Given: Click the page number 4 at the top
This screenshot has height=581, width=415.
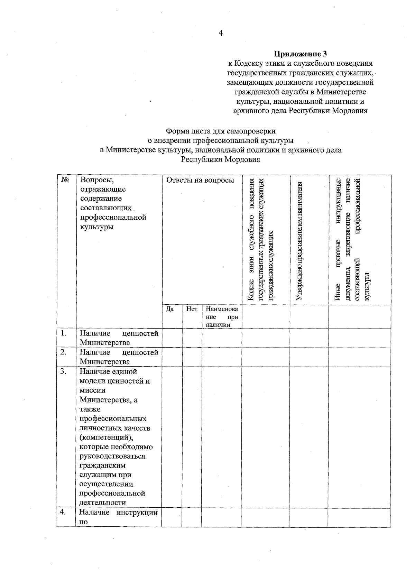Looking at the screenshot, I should coord(220,33).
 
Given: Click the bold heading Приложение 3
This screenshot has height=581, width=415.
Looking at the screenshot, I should coord(300,54).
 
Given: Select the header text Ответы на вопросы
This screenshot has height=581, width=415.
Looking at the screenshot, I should coord(200,180).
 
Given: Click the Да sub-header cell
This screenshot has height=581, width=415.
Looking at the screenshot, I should coord(170,309).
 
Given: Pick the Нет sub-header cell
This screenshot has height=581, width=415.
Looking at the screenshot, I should coord(192,309).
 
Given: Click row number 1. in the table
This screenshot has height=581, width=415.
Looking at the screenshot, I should coord(63,333).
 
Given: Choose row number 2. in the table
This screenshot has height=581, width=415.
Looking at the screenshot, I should coord(63,352).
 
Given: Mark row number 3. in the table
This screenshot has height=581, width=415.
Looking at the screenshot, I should coord(63,372).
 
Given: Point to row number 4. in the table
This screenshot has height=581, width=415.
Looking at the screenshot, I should coord(63,513).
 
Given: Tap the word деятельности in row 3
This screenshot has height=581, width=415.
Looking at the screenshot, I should coord(103,502).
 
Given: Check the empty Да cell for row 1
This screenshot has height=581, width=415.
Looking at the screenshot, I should coord(172,338).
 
